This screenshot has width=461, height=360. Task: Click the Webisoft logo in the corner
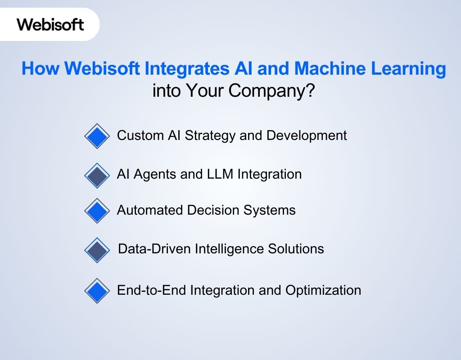click(x=50, y=24)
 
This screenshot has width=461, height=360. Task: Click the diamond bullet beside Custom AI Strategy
click(x=97, y=136)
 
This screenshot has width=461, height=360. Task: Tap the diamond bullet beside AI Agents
click(x=97, y=175)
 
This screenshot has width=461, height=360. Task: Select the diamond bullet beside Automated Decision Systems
click(x=97, y=211)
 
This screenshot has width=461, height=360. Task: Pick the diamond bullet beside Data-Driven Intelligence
click(x=97, y=250)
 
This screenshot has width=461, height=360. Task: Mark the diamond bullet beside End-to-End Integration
click(x=97, y=291)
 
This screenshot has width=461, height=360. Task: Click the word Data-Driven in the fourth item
click(x=154, y=249)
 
